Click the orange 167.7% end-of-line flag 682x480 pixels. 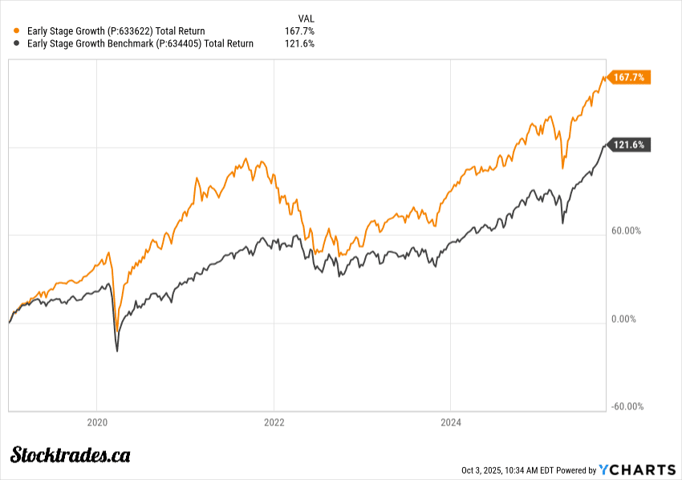click(x=630, y=77)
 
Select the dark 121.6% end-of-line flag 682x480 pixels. click(x=630, y=144)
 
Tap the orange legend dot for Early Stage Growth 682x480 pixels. click(x=17, y=31)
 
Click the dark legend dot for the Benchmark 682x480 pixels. click(x=17, y=43)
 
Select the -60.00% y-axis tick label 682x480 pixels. click(x=627, y=406)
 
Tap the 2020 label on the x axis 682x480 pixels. click(x=97, y=421)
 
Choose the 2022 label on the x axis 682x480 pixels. click(x=274, y=421)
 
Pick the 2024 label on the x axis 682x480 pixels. click(x=451, y=421)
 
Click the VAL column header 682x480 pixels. click(x=306, y=17)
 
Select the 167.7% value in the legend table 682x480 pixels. click(x=299, y=31)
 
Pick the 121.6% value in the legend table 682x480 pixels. click(x=299, y=43)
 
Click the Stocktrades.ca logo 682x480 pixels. click(x=70, y=456)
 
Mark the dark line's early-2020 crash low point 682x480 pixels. click(x=117, y=351)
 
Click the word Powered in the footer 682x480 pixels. click(x=575, y=470)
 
